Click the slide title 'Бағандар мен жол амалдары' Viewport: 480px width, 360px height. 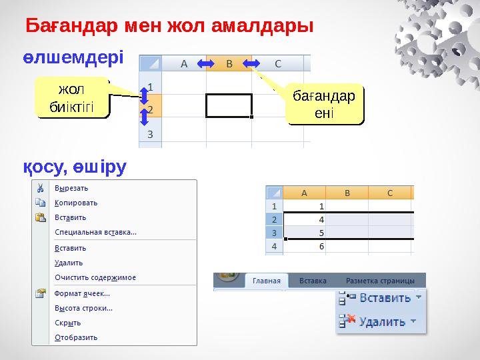pyautogui.click(x=169, y=27)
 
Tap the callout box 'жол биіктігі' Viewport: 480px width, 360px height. pyautogui.click(x=73, y=98)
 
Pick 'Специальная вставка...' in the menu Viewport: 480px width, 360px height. pyautogui.click(x=95, y=232)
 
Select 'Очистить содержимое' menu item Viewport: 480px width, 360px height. pyautogui.click(x=95, y=277)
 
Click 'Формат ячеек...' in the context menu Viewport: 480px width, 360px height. pyautogui.click(x=83, y=293)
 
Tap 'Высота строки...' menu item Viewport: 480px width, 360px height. pyautogui.click(x=83, y=308)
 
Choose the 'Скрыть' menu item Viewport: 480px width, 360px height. pyautogui.click(x=67, y=323)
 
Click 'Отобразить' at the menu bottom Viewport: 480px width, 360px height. pyautogui.click(x=76, y=337)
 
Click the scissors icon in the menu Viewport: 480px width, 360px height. pyautogui.click(x=41, y=188)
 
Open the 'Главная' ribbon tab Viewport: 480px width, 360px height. pyautogui.click(x=267, y=281)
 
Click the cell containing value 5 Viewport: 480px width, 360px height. pyautogui.click(x=306, y=233)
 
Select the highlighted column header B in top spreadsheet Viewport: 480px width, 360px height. pyautogui.click(x=229, y=64)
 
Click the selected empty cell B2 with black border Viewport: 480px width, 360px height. pyautogui.click(x=229, y=106)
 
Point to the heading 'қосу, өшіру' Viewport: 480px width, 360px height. pyautogui.click(x=73, y=167)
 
